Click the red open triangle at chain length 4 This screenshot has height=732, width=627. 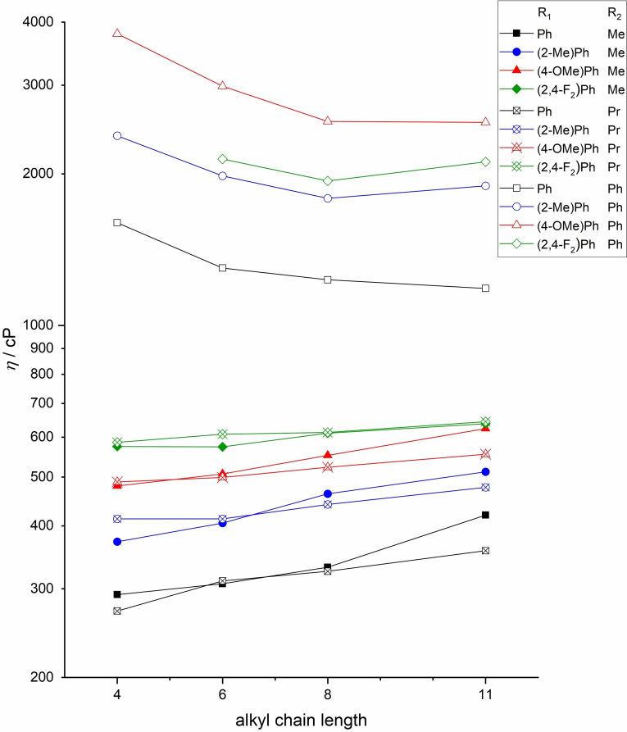[x=117, y=34]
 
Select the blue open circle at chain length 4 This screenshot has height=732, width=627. [x=117, y=135]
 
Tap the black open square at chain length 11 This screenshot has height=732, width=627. [x=486, y=289]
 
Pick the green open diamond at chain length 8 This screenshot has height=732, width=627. [x=328, y=181]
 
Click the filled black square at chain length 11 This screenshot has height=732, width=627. [x=486, y=515]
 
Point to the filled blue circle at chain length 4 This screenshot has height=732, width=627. [x=117, y=542]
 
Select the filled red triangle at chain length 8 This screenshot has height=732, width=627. [x=328, y=455]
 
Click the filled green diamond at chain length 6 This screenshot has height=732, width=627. [x=223, y=447]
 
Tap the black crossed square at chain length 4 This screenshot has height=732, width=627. [x=117, y=611]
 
